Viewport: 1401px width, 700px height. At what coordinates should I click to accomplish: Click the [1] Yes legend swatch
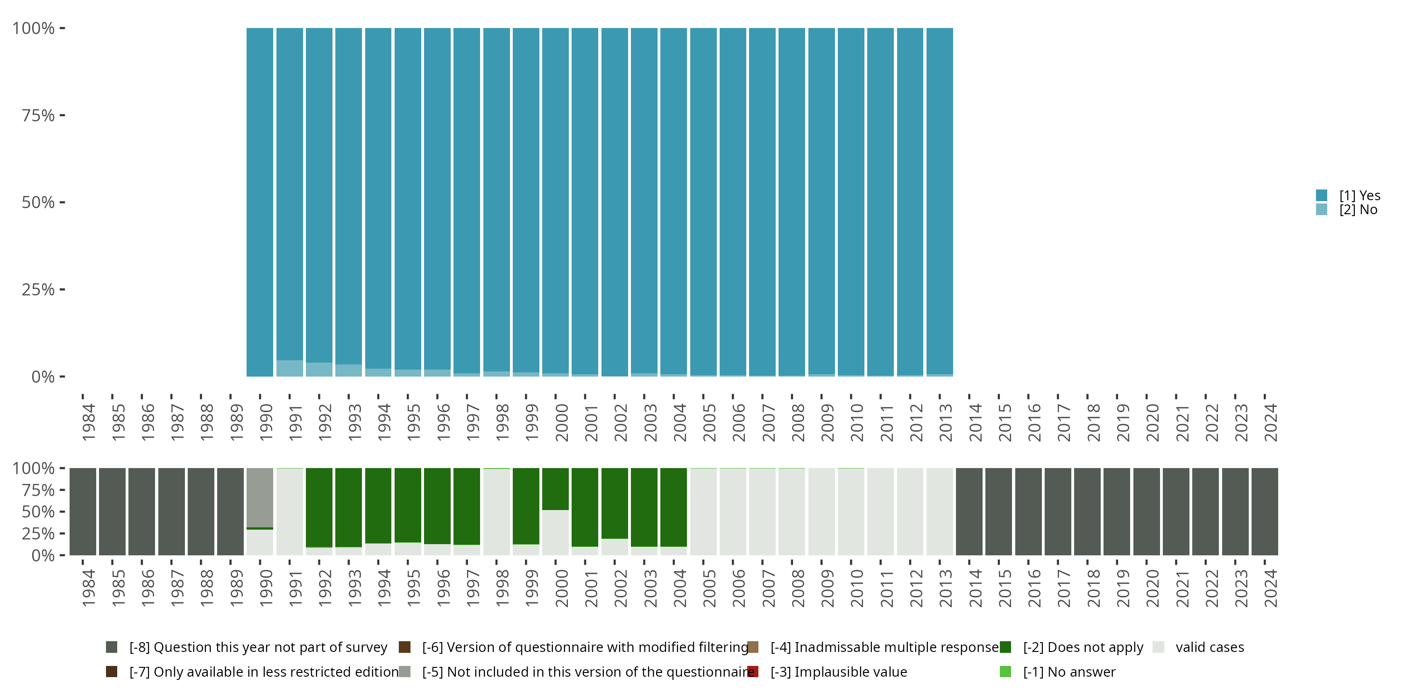point(1321,195)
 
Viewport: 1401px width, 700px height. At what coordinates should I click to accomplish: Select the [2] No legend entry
point(1358,210)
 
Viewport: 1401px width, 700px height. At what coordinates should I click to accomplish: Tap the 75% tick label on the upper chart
point(38,115)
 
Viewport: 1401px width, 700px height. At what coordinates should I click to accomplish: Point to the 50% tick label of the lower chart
point(38,511)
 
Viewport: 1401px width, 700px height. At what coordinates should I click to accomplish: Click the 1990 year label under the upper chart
point(265,422)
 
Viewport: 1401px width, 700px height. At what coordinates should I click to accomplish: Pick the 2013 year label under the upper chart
point(945,422)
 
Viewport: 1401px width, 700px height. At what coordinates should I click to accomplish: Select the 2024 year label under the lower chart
point(1270,588)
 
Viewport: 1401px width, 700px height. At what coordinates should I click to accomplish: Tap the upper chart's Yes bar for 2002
point(615,201)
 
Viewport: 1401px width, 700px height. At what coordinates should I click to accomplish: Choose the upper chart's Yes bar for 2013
point(939,201)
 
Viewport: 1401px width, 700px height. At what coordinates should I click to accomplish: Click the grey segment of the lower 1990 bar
point(260,497)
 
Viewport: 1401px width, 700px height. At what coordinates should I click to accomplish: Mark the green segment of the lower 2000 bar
point(555,489)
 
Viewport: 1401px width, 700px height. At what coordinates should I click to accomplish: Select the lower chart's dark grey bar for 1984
point(83,511)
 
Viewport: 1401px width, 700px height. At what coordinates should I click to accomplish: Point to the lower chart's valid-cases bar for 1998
point(496,511)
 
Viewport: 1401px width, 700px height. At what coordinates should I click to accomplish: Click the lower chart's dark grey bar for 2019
point(1117,511)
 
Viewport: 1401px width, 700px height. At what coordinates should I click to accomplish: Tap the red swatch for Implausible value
point(753,672)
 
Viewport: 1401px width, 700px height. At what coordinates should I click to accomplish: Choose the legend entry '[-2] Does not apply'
point(1083,647)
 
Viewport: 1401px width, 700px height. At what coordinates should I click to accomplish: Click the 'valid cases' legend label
point(1209,647)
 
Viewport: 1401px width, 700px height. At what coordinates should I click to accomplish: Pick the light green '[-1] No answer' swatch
point(1005,672)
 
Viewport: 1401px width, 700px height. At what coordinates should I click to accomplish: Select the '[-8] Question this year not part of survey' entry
point(258,647)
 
